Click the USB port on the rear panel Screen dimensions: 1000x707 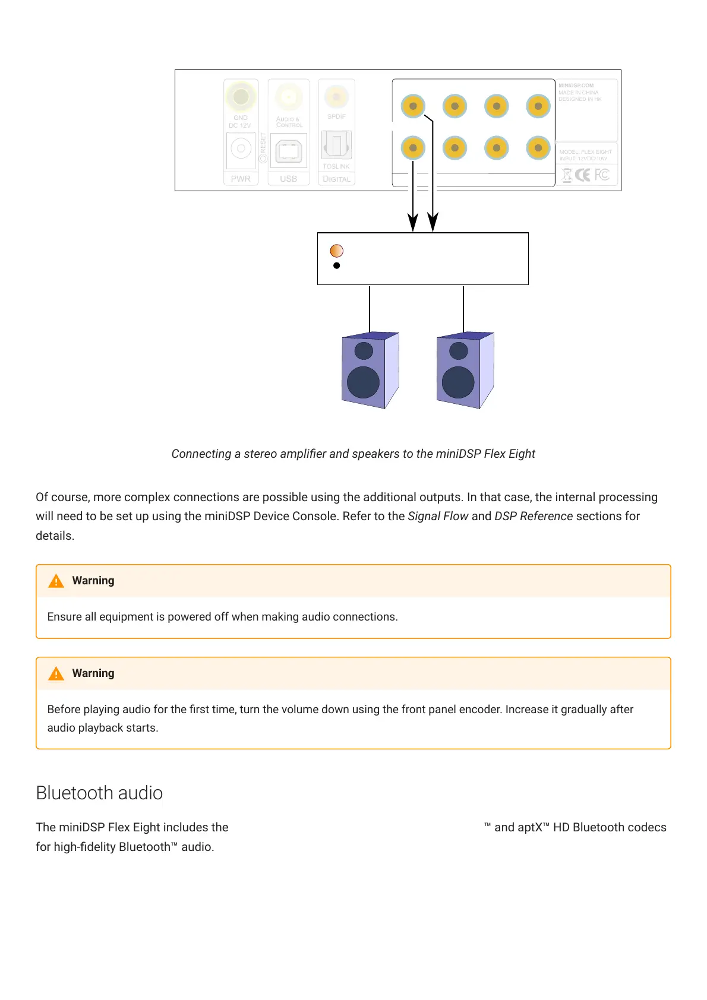coord(289,151)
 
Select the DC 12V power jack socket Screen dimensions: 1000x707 coord(241,148)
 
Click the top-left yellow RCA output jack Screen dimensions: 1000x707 coord(413,106)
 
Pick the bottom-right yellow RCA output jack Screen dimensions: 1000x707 coord(538,148)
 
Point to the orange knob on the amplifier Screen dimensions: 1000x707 coord(336,251)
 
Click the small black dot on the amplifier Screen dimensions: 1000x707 coord(337,265)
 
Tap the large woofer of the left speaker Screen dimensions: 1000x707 coord(363,382)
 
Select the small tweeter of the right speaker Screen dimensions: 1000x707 coord(458,350)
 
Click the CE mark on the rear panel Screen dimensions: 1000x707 coord(583,175)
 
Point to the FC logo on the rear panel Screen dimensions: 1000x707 coord(602,175)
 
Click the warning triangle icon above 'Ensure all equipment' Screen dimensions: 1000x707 coord(56,581)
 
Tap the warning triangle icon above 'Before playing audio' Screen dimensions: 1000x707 coord(56,673)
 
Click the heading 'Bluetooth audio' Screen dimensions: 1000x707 coord(99,793)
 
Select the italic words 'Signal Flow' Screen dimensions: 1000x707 coord(438,516)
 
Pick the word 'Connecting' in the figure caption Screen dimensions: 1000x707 coord(201,454)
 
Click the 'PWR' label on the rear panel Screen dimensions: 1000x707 coord(241,179)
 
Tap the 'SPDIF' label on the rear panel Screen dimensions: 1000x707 coord(336,116)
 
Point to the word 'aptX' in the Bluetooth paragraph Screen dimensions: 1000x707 coord(530,827)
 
